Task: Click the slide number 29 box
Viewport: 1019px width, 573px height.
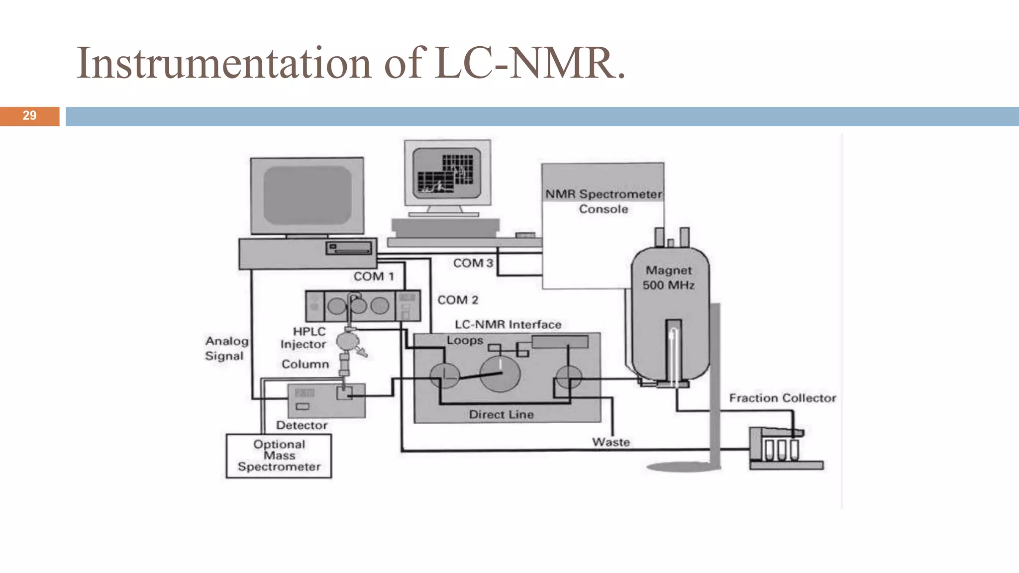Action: [x=29, y=116]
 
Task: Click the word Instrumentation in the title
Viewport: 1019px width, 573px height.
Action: [x=224, y=63]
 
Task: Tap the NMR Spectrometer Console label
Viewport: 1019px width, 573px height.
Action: [x=603, y=201]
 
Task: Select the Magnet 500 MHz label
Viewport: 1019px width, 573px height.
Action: [x=668, y=278]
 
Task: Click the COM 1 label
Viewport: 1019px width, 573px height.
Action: [x=373, y=277]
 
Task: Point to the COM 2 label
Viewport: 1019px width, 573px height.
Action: [x=457, y=300]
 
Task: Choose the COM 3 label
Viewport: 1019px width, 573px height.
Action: [x=473, y=263]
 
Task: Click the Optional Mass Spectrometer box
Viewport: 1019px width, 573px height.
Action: [x=279, y=456]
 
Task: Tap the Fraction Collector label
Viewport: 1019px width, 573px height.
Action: [x=782, y=398]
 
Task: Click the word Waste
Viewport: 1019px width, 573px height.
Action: [x=611, y=442]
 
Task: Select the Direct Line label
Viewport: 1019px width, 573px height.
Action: [x=501, y=414]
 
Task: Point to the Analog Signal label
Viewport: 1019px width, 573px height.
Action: [x=226, y=348]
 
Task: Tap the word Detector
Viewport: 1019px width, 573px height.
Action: [x=302, y=425]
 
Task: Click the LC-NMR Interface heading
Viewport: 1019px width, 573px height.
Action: [x=508, y=325]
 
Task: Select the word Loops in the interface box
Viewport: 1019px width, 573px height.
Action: [x=465, y=341]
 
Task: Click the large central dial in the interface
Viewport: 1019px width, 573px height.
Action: [x=500, y=374]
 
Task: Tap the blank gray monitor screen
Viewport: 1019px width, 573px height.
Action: [x=307, y=195]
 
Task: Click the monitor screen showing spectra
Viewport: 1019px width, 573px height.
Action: [x=447, y=173]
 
